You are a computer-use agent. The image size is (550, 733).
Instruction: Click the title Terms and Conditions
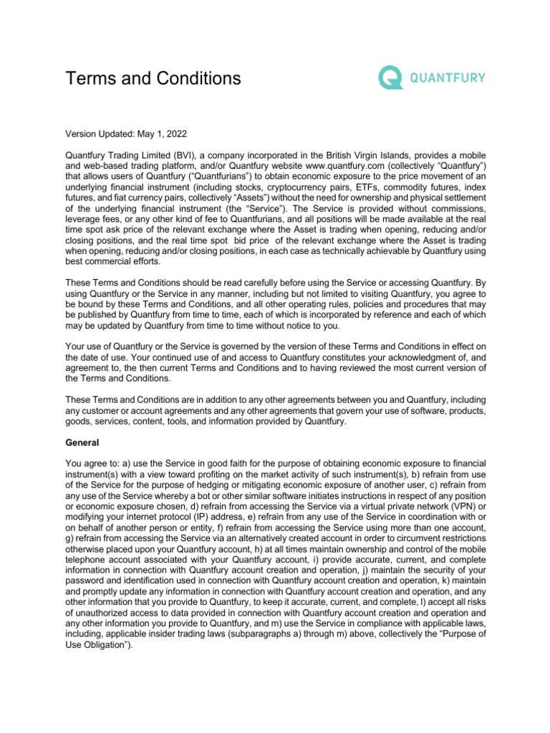(x=153, y=78)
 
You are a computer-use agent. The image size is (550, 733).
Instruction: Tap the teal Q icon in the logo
(x=390, y=77)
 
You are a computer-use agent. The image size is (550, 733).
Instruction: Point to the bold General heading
(x=82, y=443)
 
